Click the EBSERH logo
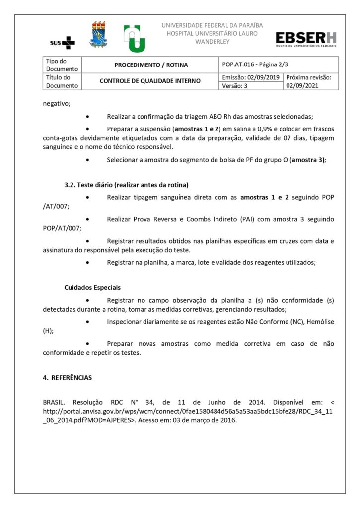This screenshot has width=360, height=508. point(306,39)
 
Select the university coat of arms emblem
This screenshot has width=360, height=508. point(98,35)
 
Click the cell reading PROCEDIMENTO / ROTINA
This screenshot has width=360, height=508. point(151,65)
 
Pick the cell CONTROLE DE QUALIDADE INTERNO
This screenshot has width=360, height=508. point(150,81)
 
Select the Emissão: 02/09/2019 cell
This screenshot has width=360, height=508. point(251,77)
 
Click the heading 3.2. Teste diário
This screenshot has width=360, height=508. point(126,185)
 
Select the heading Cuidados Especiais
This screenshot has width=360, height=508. point(92,287)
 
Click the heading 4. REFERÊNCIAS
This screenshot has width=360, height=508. point(68,378)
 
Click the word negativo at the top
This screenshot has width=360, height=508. point(57,104)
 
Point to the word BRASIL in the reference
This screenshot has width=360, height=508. point(55,402)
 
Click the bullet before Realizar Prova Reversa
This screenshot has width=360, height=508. point(88,219)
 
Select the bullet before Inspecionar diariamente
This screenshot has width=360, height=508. point(88,322)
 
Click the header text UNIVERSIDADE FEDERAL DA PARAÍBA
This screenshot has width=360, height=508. point(212,25)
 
